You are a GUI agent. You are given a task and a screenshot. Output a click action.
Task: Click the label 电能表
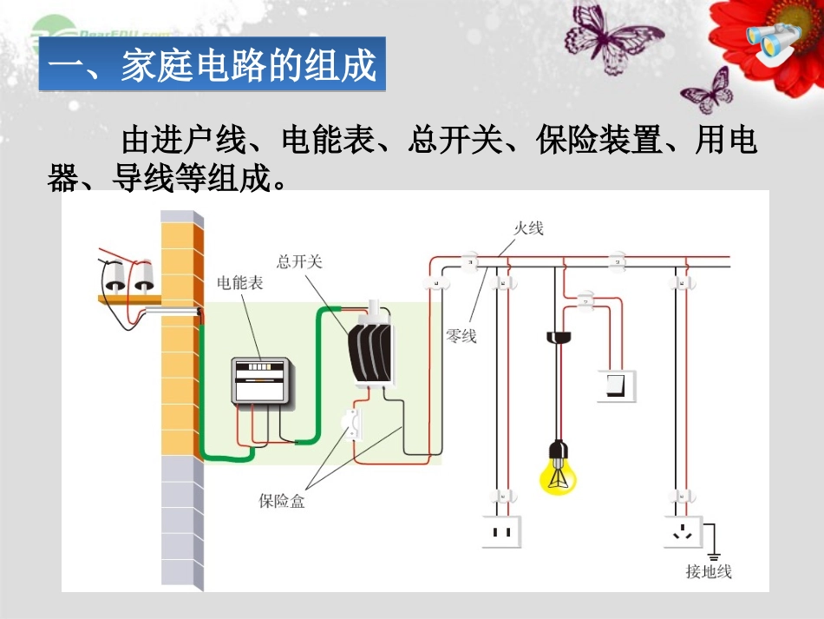(x=240, y=282)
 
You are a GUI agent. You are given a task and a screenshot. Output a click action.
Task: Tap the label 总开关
(x=299, y=261)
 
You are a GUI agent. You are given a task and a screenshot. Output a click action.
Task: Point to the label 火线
(x=528, y=228)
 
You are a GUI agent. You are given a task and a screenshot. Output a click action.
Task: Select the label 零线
(x=461, y=336)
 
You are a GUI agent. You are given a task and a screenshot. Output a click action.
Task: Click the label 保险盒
(x=282, y=502)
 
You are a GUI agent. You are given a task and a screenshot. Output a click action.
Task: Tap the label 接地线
(x=709, y=571)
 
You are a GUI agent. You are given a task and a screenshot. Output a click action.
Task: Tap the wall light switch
(x=616, y=385)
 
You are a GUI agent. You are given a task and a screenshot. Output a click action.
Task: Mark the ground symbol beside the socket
(x=715, y=555)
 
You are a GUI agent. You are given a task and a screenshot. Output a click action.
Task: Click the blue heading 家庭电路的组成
(x=212, y=66)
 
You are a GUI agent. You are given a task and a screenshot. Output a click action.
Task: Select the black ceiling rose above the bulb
(x=558, y=335)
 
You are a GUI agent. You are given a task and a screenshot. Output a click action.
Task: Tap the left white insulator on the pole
(x=114, y=278)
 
